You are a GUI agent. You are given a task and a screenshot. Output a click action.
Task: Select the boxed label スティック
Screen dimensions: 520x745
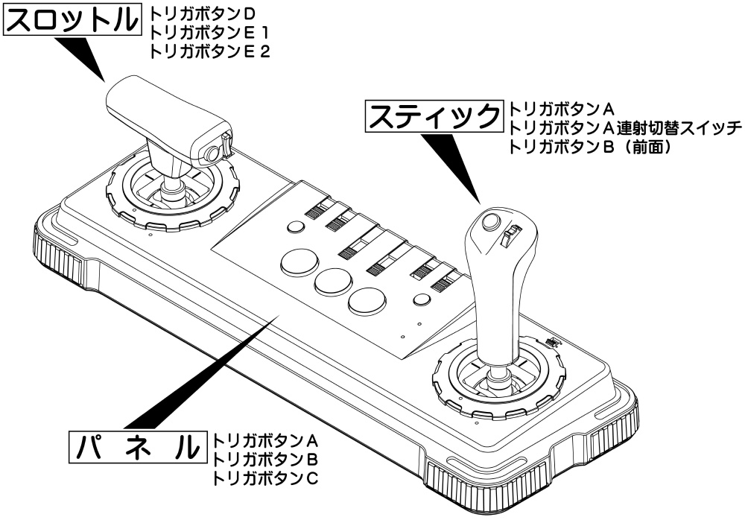pos(434,117)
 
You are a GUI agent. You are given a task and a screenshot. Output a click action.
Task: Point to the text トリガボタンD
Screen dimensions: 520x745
pos(197,13)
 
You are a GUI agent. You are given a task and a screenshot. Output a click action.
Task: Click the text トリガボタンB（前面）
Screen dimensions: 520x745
pos(591,147)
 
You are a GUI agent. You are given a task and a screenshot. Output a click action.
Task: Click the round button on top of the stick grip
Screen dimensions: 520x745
pos(490,221)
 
